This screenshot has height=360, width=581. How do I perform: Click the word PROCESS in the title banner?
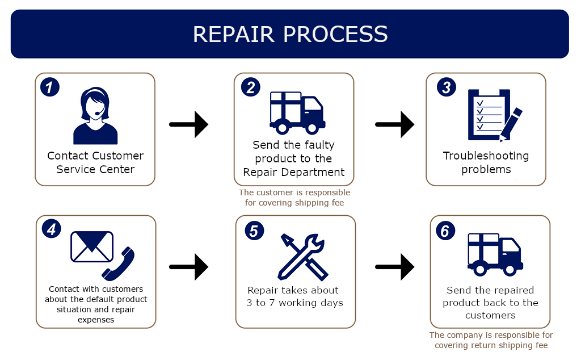pyautogui.click(x=336, y=34)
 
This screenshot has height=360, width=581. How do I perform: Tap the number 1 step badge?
pyautogui.click(x=50, y=87)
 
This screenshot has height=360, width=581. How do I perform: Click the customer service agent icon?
pyautogui.click(x=95, y=116)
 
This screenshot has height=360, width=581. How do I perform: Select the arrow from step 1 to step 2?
pyautogui.click(x=188, y=124)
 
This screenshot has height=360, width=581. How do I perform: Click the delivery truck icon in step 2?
pyautogui.click(x=297, y=112)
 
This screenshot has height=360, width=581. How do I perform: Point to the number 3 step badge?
pyautogui.click(x=447, y=87)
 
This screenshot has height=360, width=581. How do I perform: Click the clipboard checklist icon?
pyautogui.click(x=489, y=115)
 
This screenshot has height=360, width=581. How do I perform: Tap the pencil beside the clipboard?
pyautogui.click(x=511, y=124)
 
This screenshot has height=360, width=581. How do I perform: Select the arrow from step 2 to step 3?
pyautogui.click(x=395, y=124)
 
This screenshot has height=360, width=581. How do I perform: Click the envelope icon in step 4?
pyautogui.click(x=92, y=246)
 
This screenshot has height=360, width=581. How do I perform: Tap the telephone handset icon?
pyautogui.click(x=118, y=263)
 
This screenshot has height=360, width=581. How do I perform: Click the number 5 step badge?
pyautogui.click(x=255, y=231)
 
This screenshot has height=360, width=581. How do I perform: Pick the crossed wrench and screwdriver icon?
pyautogui.click(x=302, y=257)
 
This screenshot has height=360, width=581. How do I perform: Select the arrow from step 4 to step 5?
pyautogui.click(x=188, y=267)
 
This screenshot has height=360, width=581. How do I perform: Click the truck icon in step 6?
pyautogui.click(x=495, y=254)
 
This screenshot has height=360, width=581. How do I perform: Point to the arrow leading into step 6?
pyautogui.click(x=395, y=267)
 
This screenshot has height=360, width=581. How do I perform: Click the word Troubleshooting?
pyautogui.click(x=486, y=156)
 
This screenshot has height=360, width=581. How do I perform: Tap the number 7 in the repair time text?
pyautogui.click(x=272, y=303)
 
